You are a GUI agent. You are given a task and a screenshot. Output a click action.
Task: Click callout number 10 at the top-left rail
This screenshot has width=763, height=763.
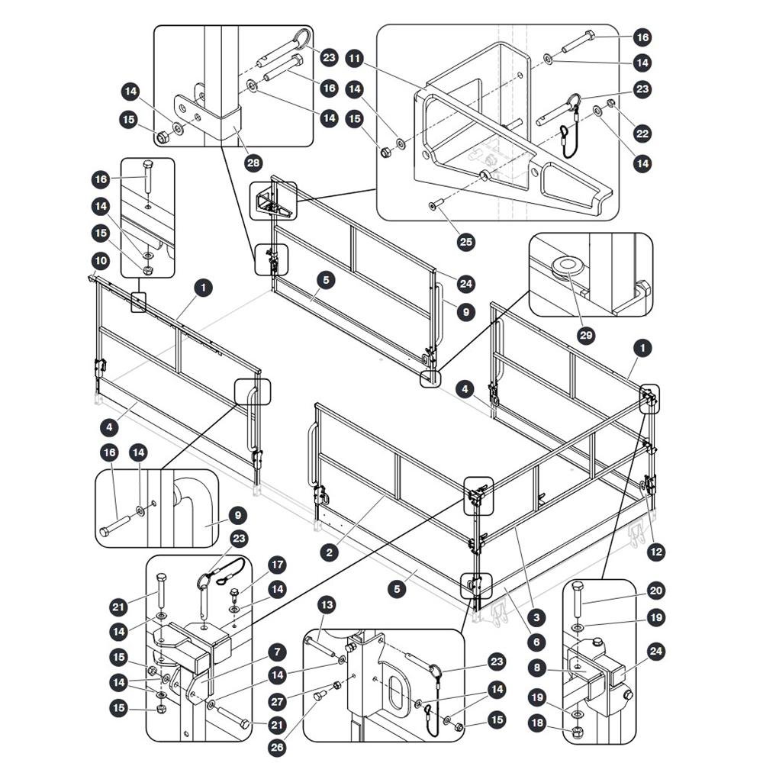click(101, 261)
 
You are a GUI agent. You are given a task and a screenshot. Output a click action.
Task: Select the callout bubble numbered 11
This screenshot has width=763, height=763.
click(355, 60)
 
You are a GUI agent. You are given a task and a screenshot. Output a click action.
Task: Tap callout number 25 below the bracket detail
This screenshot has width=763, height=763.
click(466, 242)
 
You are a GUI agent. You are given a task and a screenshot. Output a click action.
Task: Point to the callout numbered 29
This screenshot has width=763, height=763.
click(586, 335)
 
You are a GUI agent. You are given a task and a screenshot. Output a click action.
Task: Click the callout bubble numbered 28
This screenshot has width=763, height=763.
click(253, 163)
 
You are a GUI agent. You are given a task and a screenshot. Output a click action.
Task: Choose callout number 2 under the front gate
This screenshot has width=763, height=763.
click(330, 552)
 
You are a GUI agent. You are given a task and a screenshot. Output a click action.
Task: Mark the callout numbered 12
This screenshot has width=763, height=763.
click(656, 552)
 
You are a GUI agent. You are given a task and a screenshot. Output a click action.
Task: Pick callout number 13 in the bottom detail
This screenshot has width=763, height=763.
click(327, 605)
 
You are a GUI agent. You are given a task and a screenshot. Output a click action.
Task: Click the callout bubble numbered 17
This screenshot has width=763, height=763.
click(277, 565)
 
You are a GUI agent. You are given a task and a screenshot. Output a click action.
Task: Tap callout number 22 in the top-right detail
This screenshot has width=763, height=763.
click(642, 134)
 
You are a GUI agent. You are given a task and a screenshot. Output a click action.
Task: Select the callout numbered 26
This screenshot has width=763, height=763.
click(277, 747)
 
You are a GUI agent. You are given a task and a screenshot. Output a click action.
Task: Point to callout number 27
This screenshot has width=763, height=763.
click(277, 702)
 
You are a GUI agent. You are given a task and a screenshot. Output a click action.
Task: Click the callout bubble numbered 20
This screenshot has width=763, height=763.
click(656, 591)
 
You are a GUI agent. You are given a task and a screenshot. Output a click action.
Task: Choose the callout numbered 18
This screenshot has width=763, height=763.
click(536, 723)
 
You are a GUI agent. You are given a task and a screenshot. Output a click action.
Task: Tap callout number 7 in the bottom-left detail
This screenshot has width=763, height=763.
click(277, 652)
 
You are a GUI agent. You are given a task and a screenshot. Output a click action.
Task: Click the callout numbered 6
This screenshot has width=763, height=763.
click(536, 642)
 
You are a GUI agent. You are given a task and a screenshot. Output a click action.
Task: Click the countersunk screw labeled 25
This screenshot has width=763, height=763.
click(436, 204)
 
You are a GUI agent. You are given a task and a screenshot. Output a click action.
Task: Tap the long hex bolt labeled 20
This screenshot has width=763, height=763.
click(578, 600)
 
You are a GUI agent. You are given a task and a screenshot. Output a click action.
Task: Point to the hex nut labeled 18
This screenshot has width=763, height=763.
click(577, 731)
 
